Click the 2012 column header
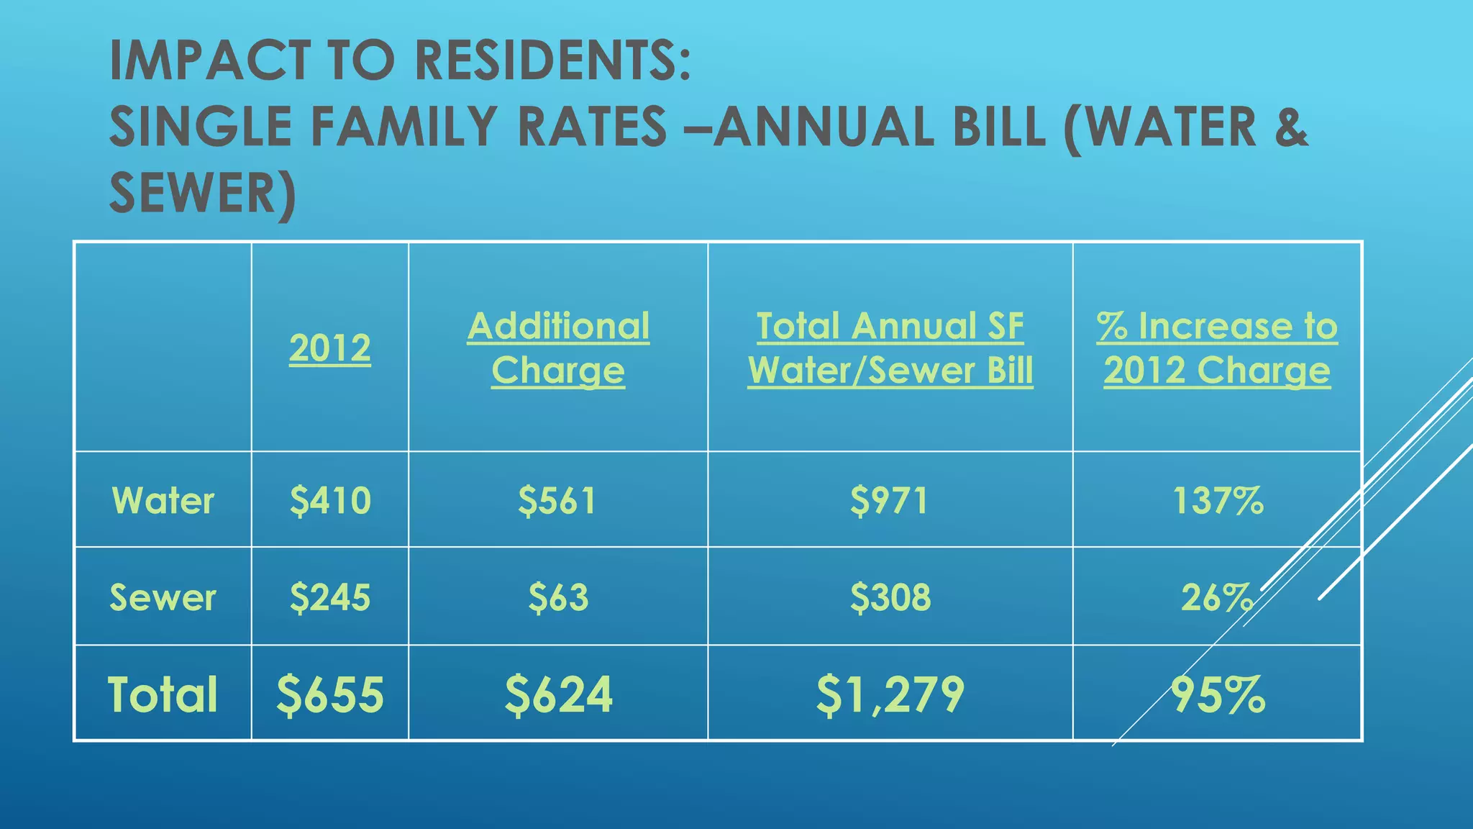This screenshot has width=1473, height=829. coord(330,348)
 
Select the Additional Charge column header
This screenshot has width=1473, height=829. coord(558,348)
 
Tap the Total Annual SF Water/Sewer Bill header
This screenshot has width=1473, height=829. coord(890,348)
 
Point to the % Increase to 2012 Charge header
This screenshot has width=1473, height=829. coord(1217,348)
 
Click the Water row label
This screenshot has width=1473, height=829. coord(163,500)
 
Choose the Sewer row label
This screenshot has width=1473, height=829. coord(163,597)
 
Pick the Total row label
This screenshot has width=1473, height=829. coord(163,694)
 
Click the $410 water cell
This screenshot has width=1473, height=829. coord(330,500)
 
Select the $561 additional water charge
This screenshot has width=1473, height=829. coord(557,500)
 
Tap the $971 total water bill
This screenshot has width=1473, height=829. coord(890,500)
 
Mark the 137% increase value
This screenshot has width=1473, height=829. coord(1218,500)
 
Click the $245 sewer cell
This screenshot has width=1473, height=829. coord(330,597)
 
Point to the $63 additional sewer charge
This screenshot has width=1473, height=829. coord(558,597)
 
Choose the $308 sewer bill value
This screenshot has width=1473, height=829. coord(890,597)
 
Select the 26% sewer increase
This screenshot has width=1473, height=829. coord(1217,597)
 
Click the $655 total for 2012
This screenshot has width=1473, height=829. coord(330,694)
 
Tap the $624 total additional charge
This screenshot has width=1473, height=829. coord(558,694)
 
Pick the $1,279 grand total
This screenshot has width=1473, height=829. coord(890,694)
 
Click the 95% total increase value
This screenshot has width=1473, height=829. coord(1218,694)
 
